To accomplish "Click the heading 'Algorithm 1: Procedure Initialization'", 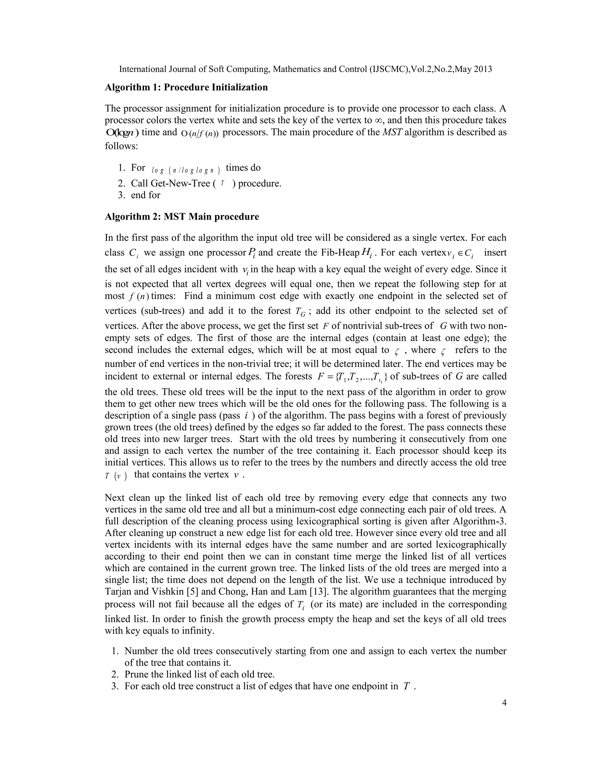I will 186,87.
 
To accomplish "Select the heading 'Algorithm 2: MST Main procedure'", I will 182,217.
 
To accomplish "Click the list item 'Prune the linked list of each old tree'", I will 199,675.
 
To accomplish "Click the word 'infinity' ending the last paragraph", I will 198,631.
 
